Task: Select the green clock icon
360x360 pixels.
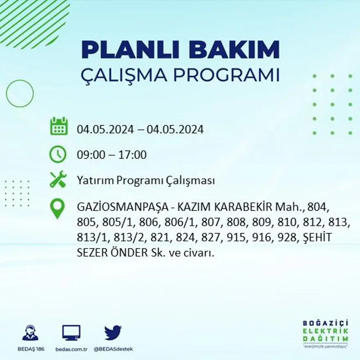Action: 58,154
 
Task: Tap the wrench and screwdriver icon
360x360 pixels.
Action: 58,180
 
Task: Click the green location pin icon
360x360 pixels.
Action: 57,208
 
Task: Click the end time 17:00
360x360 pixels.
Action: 133,155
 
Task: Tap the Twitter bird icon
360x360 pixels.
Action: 113,333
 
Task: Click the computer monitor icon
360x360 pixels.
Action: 71,333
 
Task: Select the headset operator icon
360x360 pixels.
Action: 30,333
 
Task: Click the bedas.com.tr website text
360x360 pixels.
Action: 72,349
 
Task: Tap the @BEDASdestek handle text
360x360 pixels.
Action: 113,349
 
